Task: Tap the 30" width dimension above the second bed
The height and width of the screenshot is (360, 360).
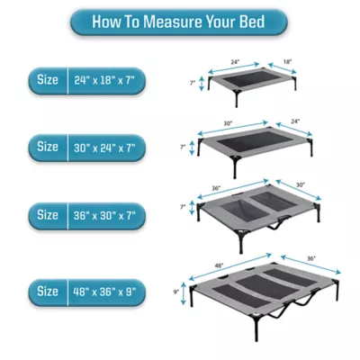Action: (x=229, y=123)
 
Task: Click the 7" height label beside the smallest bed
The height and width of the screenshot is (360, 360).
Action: (x=192, y=82)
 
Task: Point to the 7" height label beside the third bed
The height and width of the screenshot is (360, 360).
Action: (x=183, y=206)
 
